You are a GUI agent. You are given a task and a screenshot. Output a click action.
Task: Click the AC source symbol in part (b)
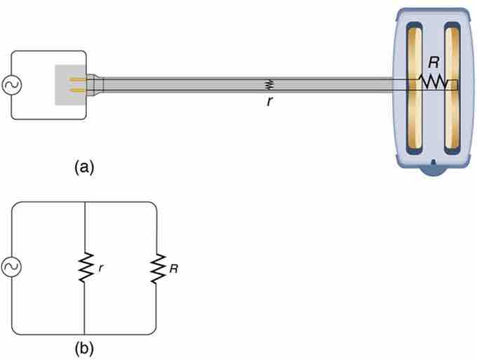pyautogui.click(x=12, y=267)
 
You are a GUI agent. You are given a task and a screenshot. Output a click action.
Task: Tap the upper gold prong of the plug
pyautogui.click(x=81, y=79)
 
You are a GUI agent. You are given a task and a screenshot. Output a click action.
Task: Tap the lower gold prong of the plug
pyautogui.click(x=81, y=91)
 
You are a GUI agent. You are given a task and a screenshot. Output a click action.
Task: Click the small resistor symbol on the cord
pyautogui.click(x=268, y=85)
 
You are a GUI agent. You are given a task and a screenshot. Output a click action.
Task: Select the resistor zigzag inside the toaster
pyautogui.click(x=434, y=83)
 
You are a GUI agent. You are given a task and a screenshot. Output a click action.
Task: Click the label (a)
pyautogui.click(x=83, y=167)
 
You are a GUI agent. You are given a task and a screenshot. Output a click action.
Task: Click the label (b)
pyautogui.click(x=83, y=346)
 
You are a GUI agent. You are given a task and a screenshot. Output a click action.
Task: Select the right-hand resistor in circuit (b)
pyautogui.click(x=155, y=267)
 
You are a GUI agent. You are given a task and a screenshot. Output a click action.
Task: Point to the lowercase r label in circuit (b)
pyautogui.click(x=101, y=267)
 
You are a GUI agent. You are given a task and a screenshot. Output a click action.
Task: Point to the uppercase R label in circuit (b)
pyautogui.click(x=173, y=267)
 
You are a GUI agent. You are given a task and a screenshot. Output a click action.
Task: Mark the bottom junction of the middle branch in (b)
pyautogui.click(x=85, y=333)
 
